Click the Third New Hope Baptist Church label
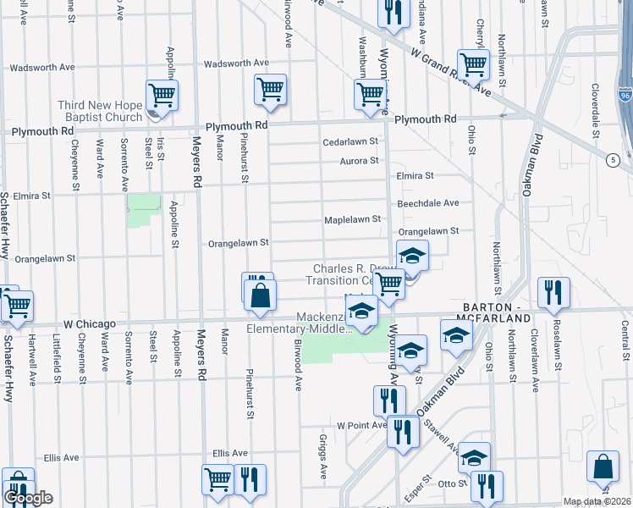(100, 111)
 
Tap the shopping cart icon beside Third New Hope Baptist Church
(161, 94)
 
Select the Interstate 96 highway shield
(625, 96)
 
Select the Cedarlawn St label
(350, 142)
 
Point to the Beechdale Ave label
(428, 203)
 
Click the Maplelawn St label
(353, 219)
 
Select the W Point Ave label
(361, 425)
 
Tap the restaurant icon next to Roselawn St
(553, 292)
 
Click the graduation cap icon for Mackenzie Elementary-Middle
(361, 311)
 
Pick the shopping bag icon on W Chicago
(261, 295)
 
